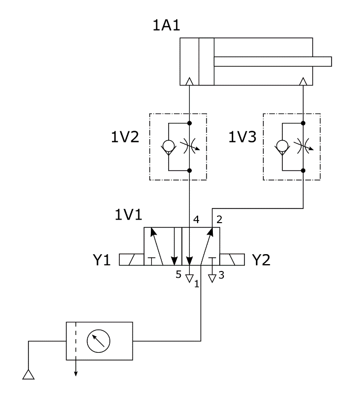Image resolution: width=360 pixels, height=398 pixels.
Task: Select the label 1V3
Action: [243, 138]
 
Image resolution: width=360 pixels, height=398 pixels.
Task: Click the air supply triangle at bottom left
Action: [28, 374]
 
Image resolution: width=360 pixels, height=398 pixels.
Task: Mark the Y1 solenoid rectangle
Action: [131, 259]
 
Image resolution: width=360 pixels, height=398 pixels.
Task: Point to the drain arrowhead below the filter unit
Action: [76, 373]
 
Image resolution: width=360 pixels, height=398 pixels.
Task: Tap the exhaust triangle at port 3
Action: [212, 278]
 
